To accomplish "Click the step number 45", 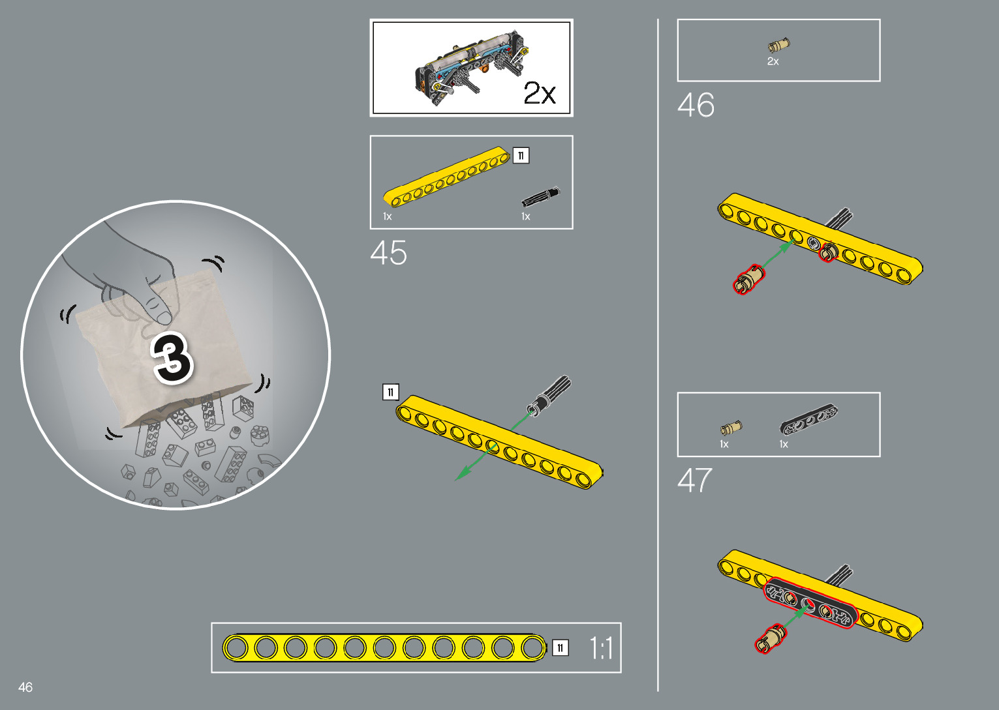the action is coord(388,253).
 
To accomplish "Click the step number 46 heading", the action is coord(696,105).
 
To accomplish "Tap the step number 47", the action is coord(694,481).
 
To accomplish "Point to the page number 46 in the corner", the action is coord(25,687).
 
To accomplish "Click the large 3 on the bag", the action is coord(172,358).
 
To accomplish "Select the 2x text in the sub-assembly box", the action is coord(540,94).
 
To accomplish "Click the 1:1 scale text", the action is coord(601,649).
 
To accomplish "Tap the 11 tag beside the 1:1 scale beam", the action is coord(560,648).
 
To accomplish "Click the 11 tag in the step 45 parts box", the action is coord(521,156).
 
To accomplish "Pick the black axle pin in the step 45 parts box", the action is coord(540,197).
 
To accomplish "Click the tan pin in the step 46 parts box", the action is coord(778,46).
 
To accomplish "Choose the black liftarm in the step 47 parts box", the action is coord(809,420).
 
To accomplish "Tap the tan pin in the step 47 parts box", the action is coord(730,428).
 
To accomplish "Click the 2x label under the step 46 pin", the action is coord(773,61).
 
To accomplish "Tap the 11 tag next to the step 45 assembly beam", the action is coord(390,392).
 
